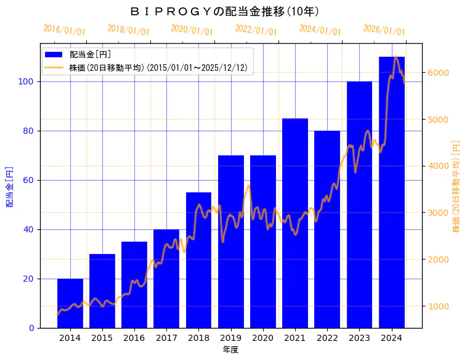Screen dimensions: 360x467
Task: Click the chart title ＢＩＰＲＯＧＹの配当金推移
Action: coord(225,11)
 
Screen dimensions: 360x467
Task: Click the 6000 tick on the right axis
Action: coord(438,73)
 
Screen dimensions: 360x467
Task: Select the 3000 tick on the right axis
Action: coord(438,213)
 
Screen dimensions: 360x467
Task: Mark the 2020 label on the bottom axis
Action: coord(263,338)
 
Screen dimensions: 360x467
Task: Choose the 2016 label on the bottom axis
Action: coord(134,338)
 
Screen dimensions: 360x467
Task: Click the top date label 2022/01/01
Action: coord(256,30)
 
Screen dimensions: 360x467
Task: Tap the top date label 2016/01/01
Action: coord(65,30)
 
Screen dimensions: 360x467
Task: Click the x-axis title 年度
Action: coord(230,350)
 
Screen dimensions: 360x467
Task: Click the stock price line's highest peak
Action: coord(396,57)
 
